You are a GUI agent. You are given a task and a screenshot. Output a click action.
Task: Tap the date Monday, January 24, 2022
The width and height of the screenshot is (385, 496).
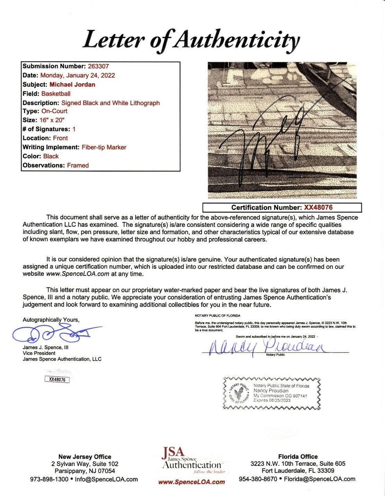pyautogui.click(x=78, y=75)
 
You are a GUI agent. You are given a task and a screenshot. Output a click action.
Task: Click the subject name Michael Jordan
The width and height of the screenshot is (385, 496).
pyautogui.click(x=72, y=84)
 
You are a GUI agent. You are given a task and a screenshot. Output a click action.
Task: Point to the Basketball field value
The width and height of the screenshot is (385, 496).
pyautogui.click(x=56, y=93)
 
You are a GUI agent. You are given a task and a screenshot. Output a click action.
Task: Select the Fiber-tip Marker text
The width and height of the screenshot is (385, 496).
pyautogui.click(x=104, y=147)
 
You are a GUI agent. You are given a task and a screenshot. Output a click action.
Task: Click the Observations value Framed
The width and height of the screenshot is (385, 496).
pyautogui.click(x=78, y=165)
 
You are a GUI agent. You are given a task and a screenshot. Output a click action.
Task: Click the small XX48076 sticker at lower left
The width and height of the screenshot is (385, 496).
pyautogui.click(x=57, y=379)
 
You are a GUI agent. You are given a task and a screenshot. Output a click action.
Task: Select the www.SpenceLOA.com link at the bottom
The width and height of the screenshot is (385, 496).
pyautogui.click(x=191, y=482)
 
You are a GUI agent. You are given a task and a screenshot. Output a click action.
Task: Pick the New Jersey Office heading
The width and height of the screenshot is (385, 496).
pyautogui.click(x=85, y=456)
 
